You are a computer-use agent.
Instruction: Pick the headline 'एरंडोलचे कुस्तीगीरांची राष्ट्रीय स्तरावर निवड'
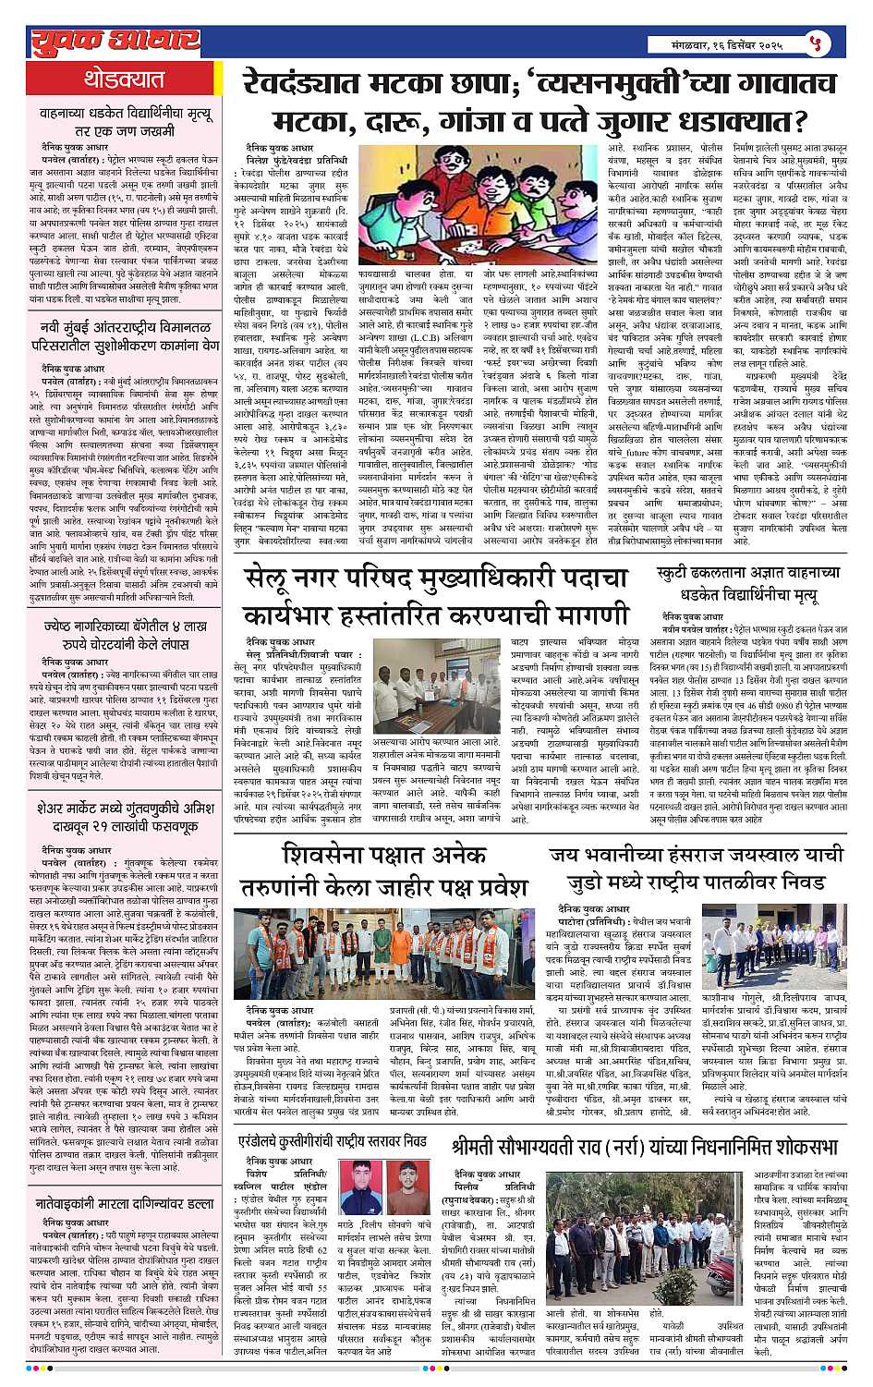click(334, 1141)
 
